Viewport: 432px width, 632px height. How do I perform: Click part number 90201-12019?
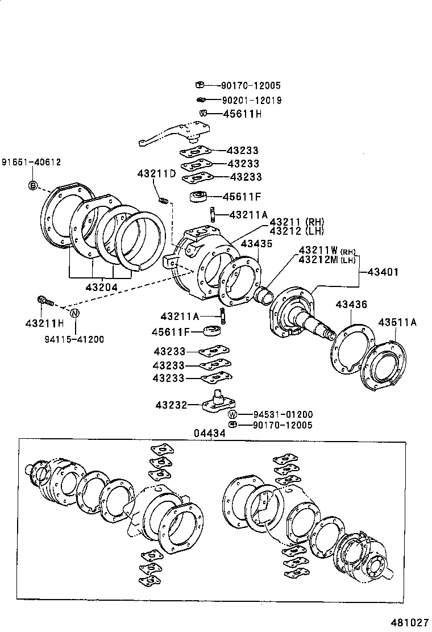(252, 100)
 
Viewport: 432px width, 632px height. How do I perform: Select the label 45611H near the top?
(242, 114)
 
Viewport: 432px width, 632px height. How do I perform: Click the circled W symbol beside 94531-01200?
(232, 414)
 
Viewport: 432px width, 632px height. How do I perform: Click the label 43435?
(257, 243)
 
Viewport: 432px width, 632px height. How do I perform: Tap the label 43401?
(383, 272)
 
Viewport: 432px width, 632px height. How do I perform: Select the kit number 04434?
(209, 434)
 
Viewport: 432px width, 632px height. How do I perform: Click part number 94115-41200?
(74, 339)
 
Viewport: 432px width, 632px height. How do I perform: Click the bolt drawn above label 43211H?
(44, 300)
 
